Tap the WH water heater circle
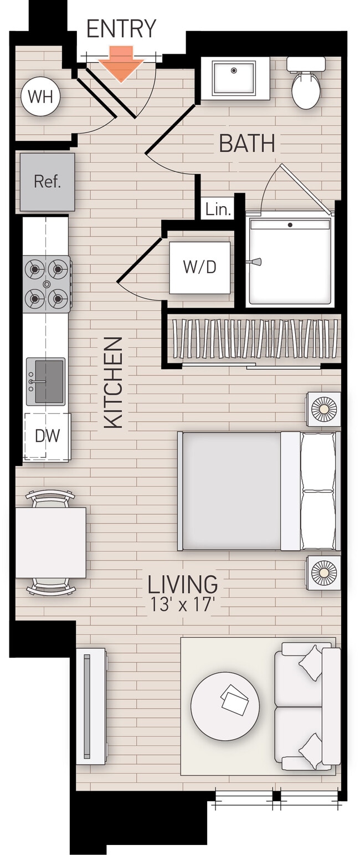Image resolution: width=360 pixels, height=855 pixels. point(40,96)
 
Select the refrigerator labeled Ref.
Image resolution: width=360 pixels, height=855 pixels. point(47,182)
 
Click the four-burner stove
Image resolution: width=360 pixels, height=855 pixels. point(47,284)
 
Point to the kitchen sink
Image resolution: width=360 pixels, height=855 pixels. point(46,381)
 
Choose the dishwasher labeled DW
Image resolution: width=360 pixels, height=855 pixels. point(47,436)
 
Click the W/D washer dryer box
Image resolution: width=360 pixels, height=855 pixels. point(199,268)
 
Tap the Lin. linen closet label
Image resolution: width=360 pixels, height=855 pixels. point(218,209)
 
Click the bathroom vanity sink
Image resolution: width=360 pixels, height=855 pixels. point(235,78)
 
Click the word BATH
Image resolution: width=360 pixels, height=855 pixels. point(247,144)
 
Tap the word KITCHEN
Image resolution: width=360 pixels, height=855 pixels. point(114,382)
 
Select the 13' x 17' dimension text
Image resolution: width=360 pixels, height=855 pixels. point(182,604)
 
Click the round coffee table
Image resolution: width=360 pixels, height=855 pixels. point(225,706)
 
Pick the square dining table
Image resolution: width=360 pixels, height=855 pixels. point(50,542)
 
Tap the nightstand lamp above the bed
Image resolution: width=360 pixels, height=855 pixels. point(323,409)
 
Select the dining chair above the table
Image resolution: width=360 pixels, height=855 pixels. point(50,499)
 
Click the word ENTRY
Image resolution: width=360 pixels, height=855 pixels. point(121,29)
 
